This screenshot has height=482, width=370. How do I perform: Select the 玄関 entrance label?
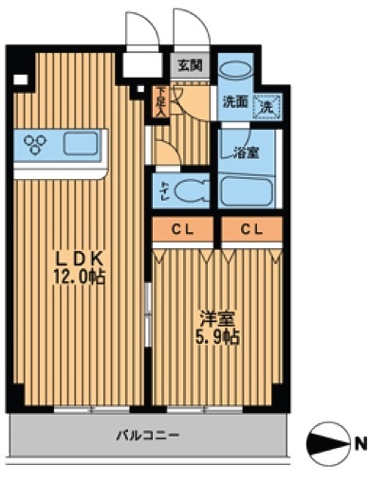coord(188,66)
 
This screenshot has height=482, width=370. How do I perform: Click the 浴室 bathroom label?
coord(246,152)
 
